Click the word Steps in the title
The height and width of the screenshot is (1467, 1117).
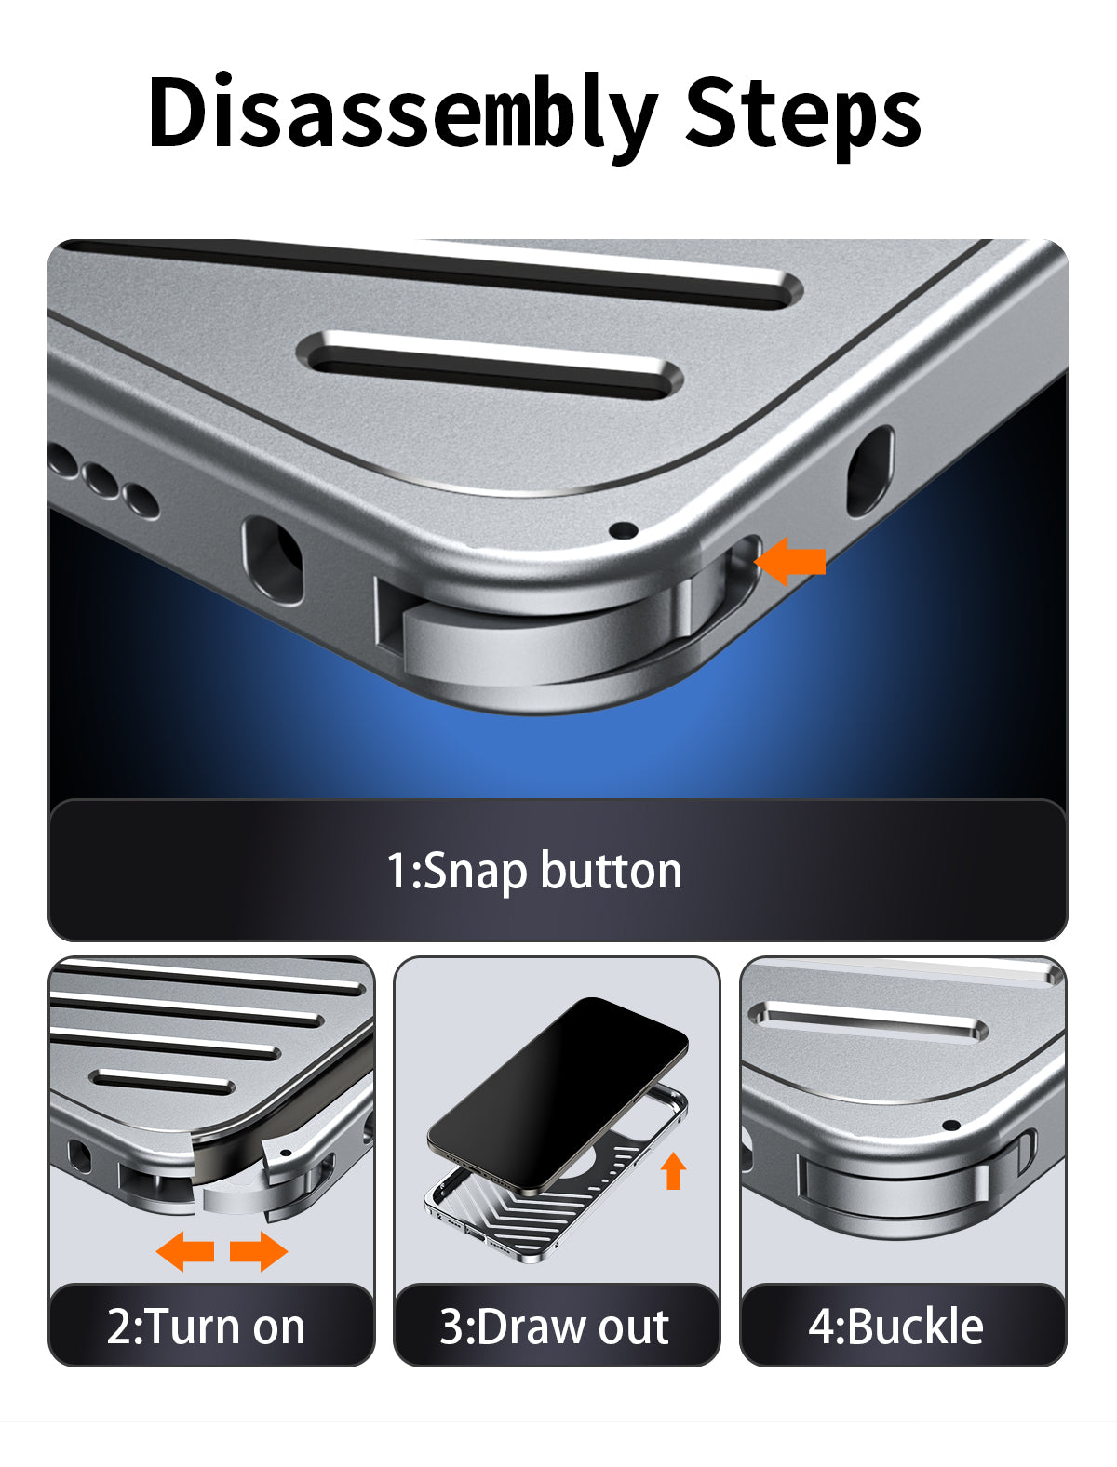tap(803, 115)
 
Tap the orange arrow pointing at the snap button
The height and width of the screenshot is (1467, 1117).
tap(790, 561)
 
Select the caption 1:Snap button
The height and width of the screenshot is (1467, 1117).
tap(534, 871)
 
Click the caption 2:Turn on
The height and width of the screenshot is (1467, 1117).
tap(206, 1327)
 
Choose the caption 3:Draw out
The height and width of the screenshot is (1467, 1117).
tap(554, 1327)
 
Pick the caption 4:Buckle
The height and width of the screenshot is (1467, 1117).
tap(895, 1327)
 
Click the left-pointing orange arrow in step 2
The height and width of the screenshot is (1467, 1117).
tap(185, 1251)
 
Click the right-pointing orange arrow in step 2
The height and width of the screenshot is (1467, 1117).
tap(259, 1251)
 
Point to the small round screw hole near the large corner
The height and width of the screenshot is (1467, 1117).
tap(625, 530)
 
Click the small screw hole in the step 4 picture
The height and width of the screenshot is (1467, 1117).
tap(951, 1126)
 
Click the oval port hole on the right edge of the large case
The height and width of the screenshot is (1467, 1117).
tap(869, 472)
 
